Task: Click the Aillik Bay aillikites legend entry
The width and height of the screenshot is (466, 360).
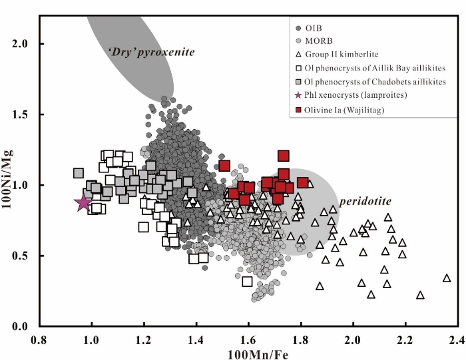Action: click(x=370, y=68)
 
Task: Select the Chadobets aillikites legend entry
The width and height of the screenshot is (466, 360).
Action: click(x=370, y=81)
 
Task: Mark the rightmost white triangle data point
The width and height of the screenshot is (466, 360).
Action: click(x=447, y=278)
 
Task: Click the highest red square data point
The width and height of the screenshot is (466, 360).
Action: click(x=284, y=156)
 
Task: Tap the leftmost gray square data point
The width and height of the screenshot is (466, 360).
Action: click(x=78, y=174)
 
